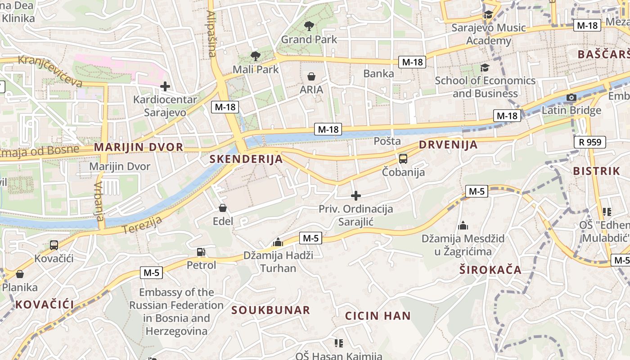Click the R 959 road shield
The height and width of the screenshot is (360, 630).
click(x=590, y=143)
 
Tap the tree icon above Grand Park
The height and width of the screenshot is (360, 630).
click(x=309, y=26)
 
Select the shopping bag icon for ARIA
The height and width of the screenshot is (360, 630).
click(x=311, y=76)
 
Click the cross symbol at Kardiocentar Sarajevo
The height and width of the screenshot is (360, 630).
click(x=165, y=86)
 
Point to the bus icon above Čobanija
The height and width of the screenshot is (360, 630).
click(x=403, y=158)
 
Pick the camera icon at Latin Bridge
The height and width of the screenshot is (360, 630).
click(x=571, y=97)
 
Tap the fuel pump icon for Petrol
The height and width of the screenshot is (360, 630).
click(x=201, y=252)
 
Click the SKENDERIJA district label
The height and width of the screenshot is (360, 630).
click(x=246, y=159)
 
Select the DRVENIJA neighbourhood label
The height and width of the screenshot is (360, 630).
click(x=448, y=145)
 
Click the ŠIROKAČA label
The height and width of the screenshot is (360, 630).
click(x=490, y=270)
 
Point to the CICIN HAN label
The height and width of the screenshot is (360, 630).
click(x=378, y=316)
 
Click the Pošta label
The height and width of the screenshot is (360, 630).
click(x=387, y=141)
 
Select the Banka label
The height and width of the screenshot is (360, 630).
click(x=378, y=73)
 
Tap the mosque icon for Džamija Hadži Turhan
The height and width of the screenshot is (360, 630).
click(x=278, y=243)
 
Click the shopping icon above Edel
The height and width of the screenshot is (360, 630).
click(x=222, y=207)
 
